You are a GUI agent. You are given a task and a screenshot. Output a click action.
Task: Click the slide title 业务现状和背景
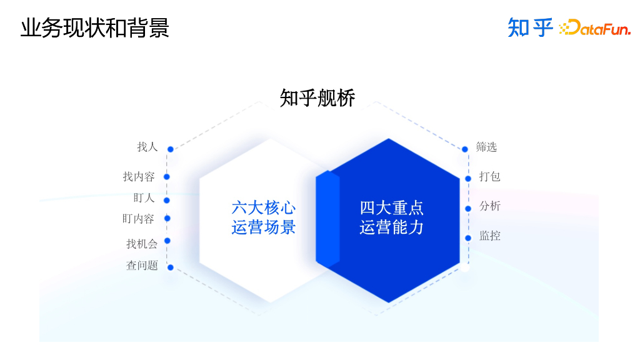(94, 29)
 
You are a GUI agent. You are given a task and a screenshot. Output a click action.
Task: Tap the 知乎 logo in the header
(531, 27)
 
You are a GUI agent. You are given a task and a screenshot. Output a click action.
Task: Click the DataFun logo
(594, 27)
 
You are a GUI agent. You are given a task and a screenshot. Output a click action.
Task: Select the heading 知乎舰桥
(317, 98)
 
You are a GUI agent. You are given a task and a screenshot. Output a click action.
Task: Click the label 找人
(147, 147)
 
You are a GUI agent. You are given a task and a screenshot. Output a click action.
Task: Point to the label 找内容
(138, 177)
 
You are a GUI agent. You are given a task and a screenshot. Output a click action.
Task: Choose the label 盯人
(144, 198)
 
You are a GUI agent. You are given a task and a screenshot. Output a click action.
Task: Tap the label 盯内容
(138, 219)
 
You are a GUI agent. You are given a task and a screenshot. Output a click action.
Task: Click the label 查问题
(142, 266)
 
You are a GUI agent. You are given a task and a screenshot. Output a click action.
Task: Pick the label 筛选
(486, 147)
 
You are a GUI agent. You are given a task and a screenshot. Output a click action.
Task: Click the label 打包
(489, 177)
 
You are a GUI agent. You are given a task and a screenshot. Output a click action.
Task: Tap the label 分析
(489, 206)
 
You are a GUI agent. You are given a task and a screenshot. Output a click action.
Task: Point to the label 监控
(489, 236)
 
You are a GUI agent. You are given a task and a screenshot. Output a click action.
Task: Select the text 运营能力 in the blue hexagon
(391, 227)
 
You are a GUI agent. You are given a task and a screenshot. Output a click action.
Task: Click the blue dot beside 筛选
(464, 149)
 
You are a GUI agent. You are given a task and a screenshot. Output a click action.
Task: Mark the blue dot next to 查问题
(170, 267)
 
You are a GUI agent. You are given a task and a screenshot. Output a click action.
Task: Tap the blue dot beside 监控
(467, 238)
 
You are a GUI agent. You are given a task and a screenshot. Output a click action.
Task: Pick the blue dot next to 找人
(170, 149)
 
